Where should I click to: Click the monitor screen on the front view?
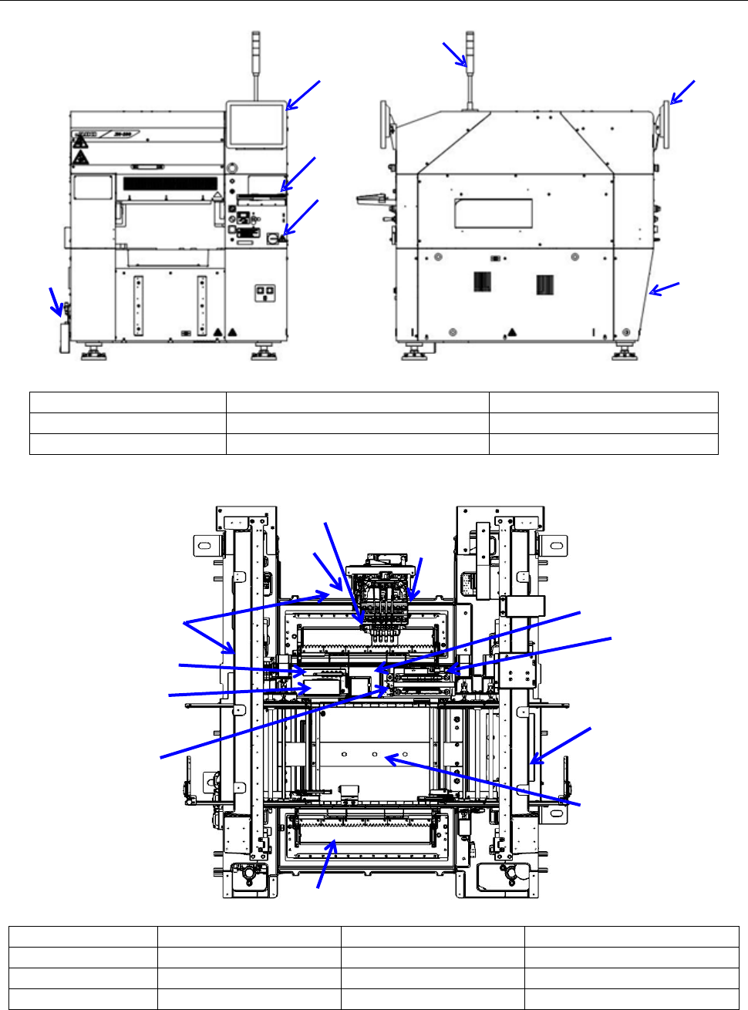pyautogui.click(x=255, y=125)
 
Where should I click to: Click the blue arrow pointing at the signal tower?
pyautogui.click(x=455, y=55)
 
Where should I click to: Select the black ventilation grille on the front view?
pyautogui.click(x=170, y=184)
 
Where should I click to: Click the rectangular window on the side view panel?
pyautogui.click(x=494, y=214)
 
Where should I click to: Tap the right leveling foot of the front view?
pyautogui.click(x=263, y=353)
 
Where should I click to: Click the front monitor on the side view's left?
pyautogui.click(x=386, y=126)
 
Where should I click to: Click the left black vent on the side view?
pyautogui.click(x=484, y=283)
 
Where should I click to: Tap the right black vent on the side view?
pyautogui.click(x=545, y=284)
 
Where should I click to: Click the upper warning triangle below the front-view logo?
pyautogui.click(x=79, y=143)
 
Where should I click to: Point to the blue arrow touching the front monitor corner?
pyautogui.click(x=302, y=94)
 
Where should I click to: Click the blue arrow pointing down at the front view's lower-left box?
pyautogui.click(x=56, y=301)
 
